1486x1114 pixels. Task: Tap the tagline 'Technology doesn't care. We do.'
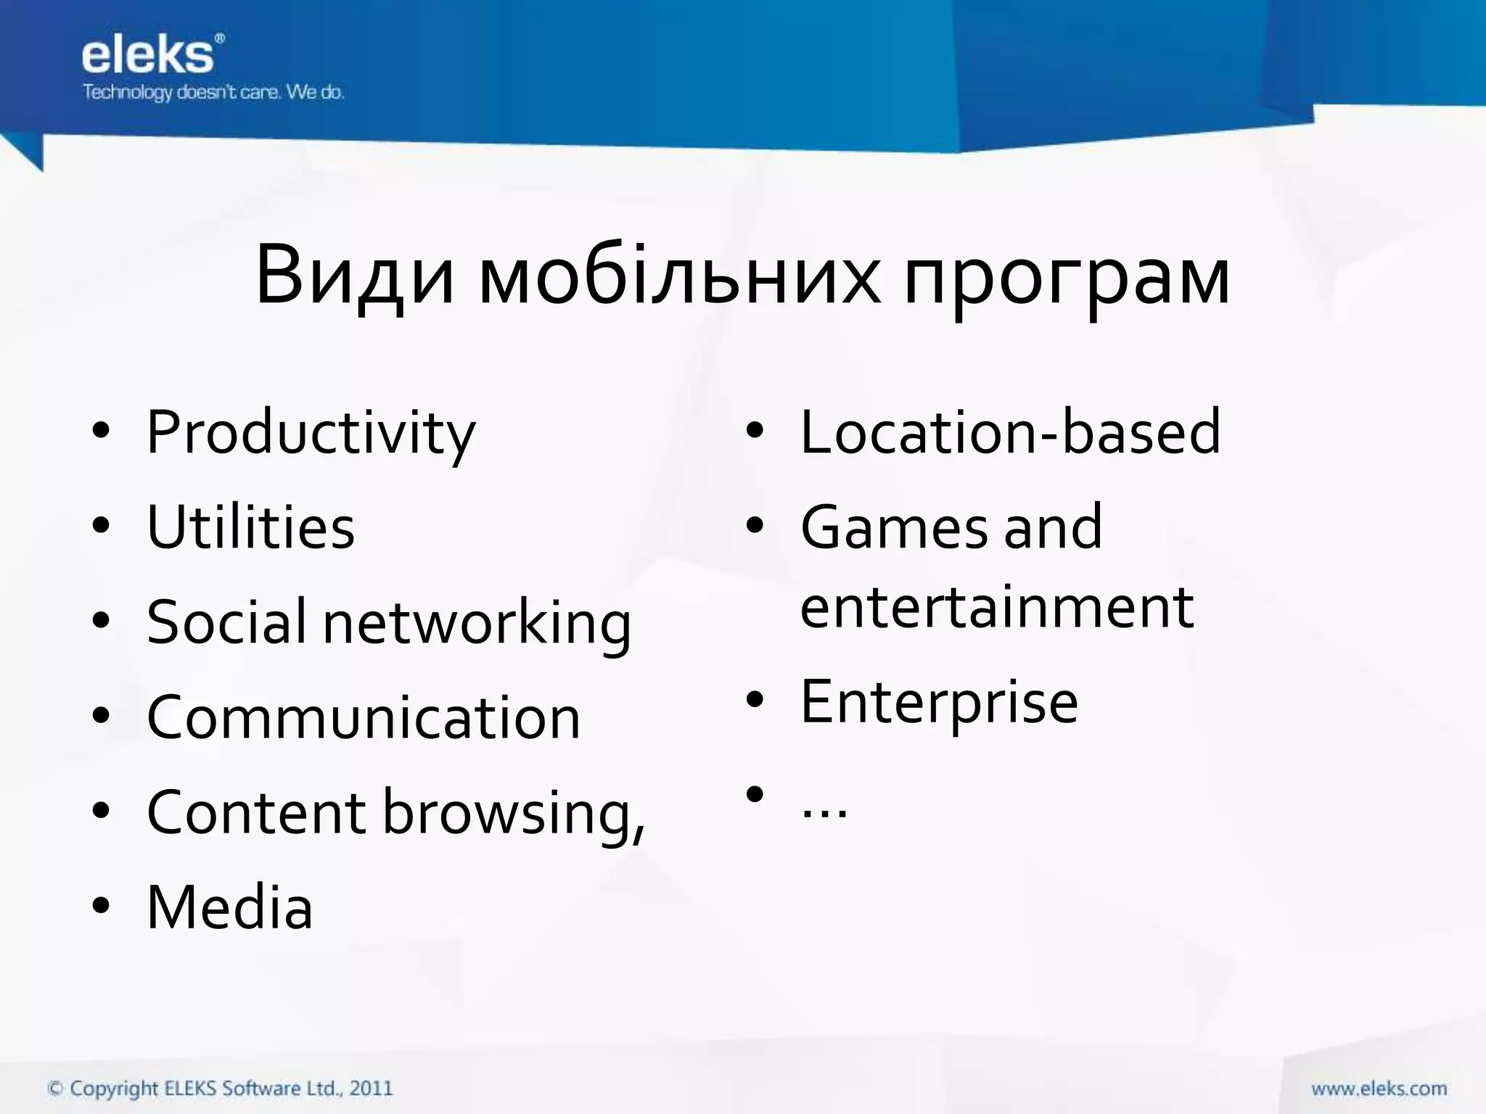pos(213,93)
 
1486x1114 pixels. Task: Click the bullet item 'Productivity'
pos(311,434)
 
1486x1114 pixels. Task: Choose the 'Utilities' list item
pos(250,527)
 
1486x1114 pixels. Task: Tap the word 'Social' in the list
pos(226,622)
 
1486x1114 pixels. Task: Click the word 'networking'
pos(477,624)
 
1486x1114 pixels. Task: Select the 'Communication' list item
pos(364,717)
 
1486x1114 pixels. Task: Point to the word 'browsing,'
pos(514,814)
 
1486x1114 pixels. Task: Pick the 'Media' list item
pos(229,907)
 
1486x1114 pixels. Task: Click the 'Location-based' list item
pos(1010,432)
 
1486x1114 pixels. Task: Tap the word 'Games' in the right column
pos(894,527)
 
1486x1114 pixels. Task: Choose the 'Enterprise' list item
pos(939,702)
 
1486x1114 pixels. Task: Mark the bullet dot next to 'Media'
pos(101,906)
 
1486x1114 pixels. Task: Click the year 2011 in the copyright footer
pos(371,1088)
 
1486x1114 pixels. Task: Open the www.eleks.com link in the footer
pos(1379,1089)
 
